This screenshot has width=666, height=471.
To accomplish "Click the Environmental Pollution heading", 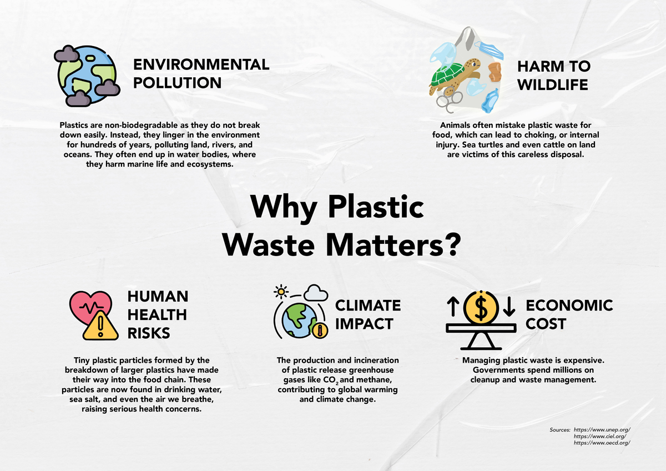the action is [201, 73].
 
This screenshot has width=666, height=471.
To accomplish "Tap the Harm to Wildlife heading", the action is [554, 76].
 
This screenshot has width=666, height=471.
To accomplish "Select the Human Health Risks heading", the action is [158, 315].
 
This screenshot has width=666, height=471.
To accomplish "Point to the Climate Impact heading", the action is [368, 314].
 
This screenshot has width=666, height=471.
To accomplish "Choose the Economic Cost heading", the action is [569, 314].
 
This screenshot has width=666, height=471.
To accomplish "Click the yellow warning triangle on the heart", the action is [100, 326].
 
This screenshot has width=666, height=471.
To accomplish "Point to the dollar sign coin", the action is [481, 308].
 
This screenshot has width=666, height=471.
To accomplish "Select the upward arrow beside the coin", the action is [453, 307].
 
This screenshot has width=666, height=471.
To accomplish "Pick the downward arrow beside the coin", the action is [509, 307].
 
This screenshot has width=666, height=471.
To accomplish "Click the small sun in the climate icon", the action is [281, 292].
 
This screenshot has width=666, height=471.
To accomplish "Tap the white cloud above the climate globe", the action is [316, 293].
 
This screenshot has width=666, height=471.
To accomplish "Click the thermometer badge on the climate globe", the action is [320, 330].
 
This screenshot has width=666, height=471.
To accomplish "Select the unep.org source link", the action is [602, 430].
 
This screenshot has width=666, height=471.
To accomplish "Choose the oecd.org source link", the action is [602, 443].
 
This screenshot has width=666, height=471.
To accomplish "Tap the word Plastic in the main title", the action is [376, 207].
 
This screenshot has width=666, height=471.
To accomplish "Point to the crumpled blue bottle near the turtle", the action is [490, 101].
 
